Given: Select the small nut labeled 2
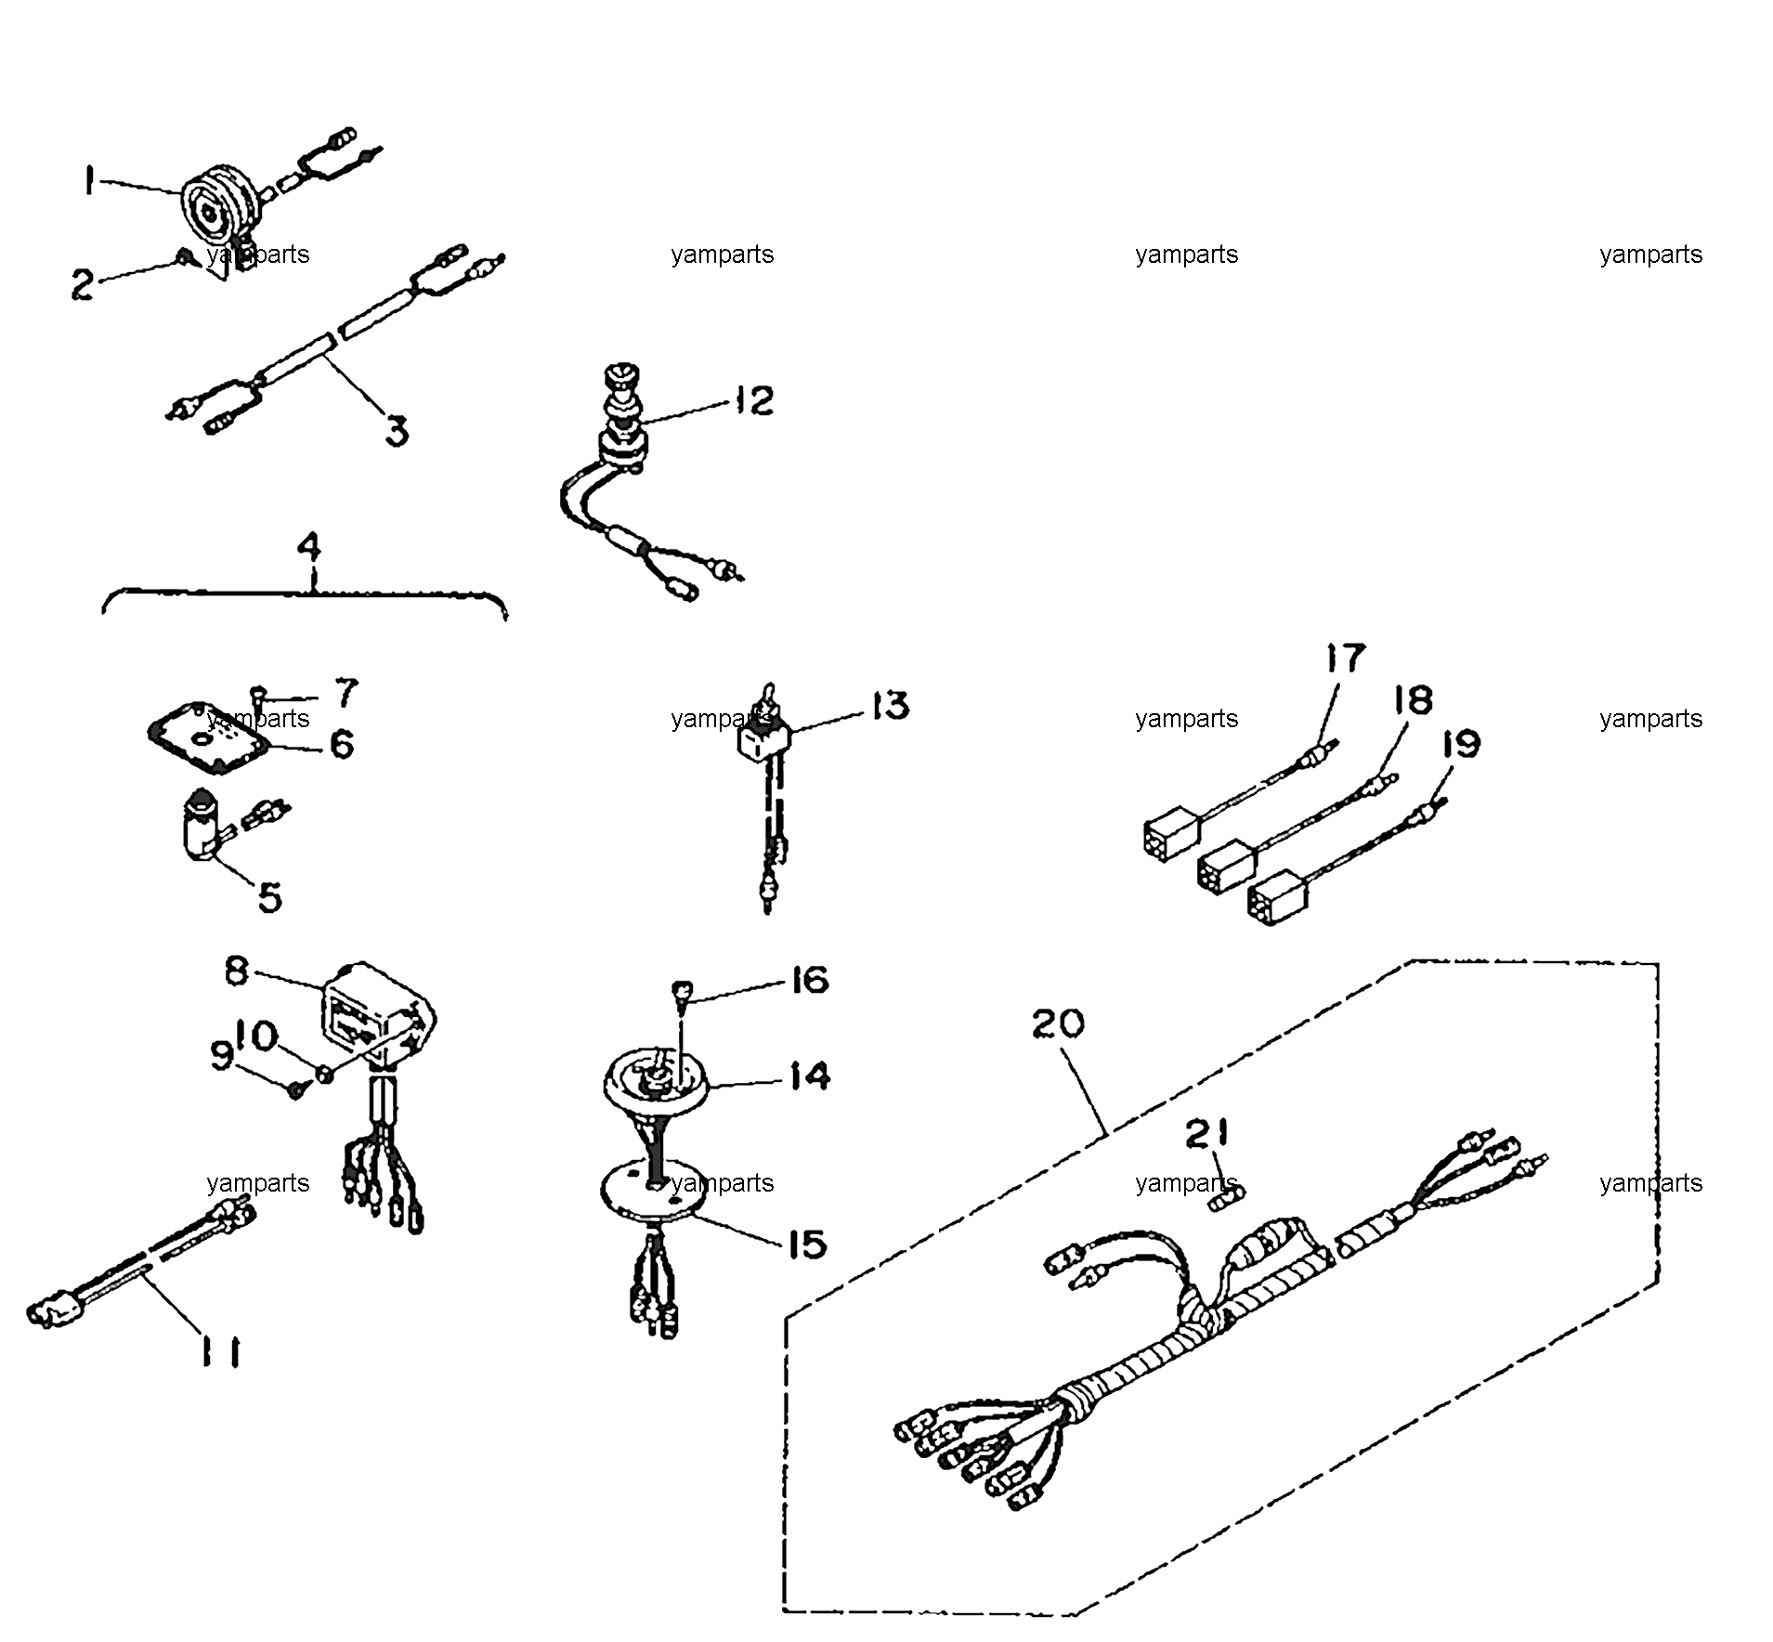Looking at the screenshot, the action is click(184, 254).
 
